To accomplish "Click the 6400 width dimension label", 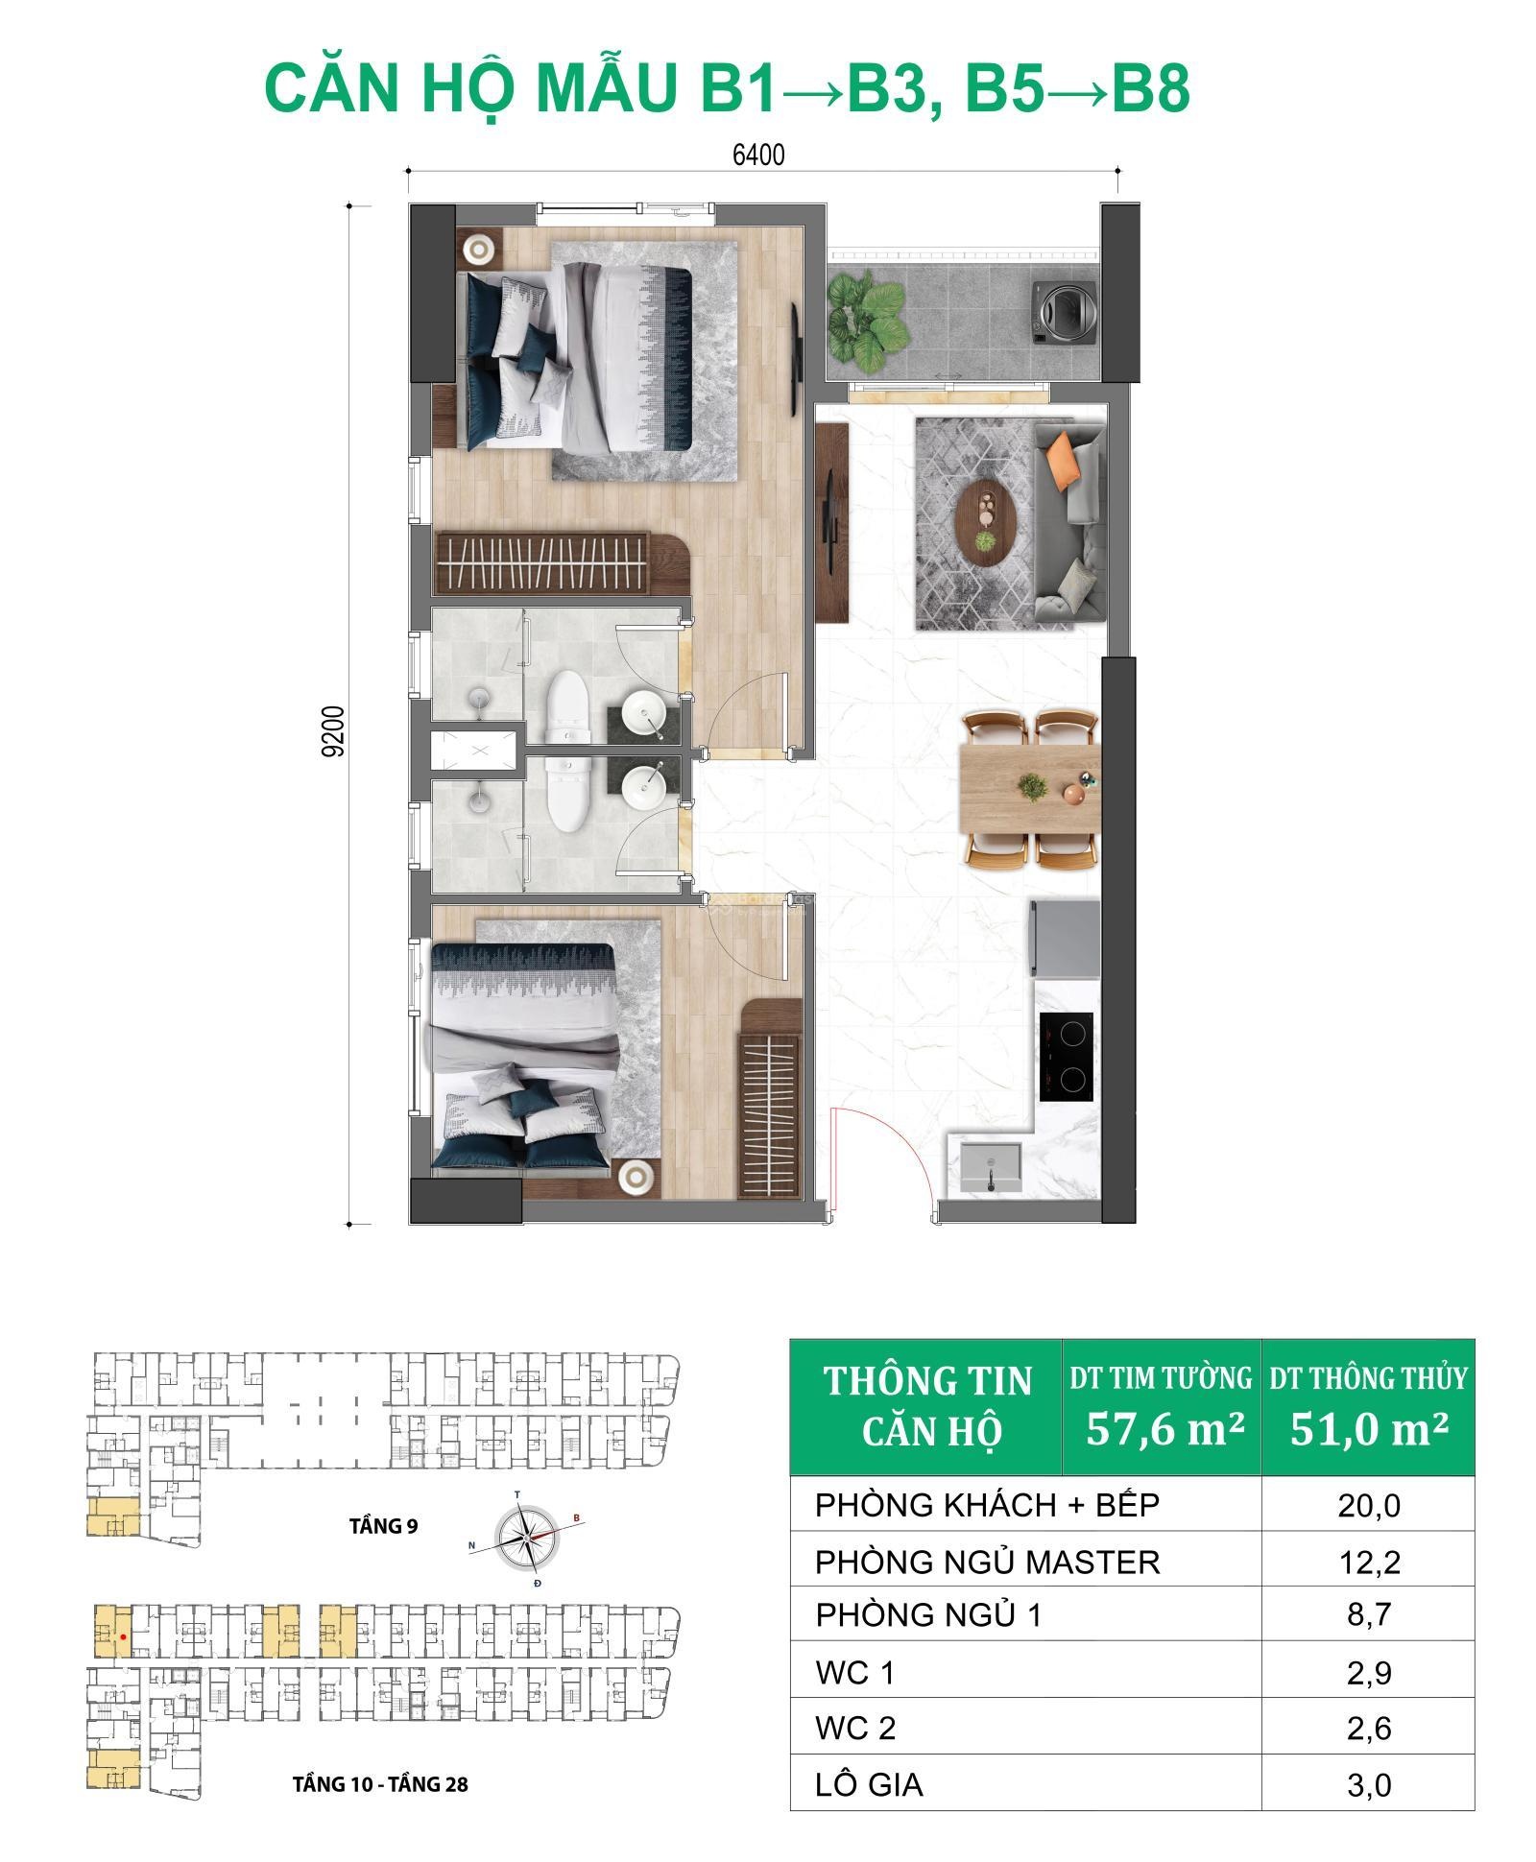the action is [758, 155].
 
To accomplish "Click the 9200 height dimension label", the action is [333, 732].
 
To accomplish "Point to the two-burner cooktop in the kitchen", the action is [1066, 1056].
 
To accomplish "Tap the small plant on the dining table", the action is [1032, 787].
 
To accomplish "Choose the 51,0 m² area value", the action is [1368, 1429].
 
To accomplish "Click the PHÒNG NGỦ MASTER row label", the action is [988, 1563].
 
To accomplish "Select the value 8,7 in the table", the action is [1369, 1615].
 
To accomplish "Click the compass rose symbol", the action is [526, 1537].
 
